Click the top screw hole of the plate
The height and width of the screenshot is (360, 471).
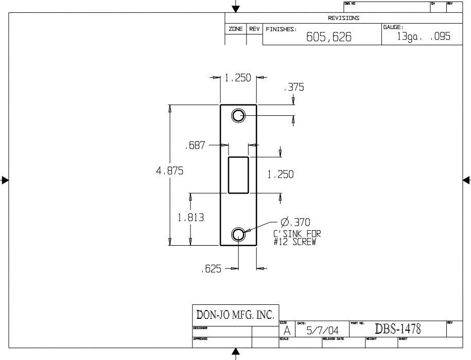(x=238, y=116)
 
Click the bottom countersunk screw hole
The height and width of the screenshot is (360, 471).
(x=238, y=235)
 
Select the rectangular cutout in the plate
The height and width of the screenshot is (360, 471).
(x=238, y=175)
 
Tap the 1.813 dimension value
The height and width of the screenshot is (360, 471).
(x=191, y=217)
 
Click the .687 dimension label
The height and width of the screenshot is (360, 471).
(x=195, y=146)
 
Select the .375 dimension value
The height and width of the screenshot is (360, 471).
(x=294, y=88)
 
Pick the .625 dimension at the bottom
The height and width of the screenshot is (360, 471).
(x=211, y=269)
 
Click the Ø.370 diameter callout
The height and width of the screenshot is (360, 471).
(x=295, y=222)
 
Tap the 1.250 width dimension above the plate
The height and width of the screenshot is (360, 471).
(x=238, y=78)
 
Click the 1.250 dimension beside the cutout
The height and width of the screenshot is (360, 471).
(x=280, y=175)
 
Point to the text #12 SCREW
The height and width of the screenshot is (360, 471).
(x=294, y=242)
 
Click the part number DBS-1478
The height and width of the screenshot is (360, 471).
(x=398, y=329)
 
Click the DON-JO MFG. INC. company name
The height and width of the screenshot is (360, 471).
(x=235, y=314)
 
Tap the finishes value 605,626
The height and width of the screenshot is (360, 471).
(x=329, y=38)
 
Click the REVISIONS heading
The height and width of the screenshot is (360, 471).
(x=344, y=18)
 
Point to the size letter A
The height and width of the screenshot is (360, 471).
(x=287, y=331)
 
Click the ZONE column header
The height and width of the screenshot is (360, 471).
(x=236, y=29)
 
